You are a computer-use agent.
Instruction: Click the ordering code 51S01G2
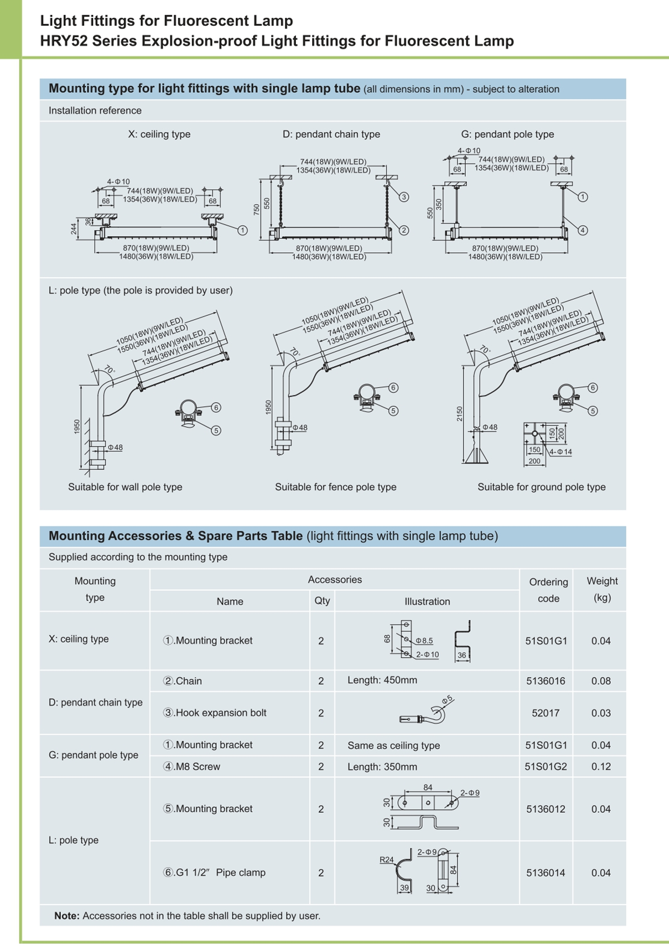(x=546, y=767)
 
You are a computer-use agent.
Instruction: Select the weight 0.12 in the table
(x=601, y=767)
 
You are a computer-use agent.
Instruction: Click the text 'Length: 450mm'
(x=382, y=680)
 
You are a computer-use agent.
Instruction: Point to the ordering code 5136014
(x=546, y=873)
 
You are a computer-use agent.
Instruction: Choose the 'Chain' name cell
(x=183, y=681)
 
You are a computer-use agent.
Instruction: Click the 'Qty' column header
(x=322, y=600)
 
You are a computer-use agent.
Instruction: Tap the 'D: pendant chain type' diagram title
(x=331, y=134)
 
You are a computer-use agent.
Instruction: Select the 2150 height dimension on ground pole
(x=459, y=413)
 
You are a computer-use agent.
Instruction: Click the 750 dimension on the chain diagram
(x=257, y=209)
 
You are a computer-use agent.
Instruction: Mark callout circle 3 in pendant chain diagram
(x=404, y=197)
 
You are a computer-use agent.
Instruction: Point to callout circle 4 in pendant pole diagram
(x=583, y=230)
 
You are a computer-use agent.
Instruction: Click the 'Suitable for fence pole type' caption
(x=335, y=487)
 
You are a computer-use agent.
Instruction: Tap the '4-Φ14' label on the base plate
(x=561, y=452)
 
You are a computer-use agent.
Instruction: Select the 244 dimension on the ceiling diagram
(x=74, y=229)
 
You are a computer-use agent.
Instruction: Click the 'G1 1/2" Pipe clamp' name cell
(x=215, y=873)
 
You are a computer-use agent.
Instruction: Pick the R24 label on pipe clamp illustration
(x=387, y=860)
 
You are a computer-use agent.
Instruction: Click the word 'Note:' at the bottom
(x=67, y=916)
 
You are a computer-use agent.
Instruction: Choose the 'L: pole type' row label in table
(x=73, y=840)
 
